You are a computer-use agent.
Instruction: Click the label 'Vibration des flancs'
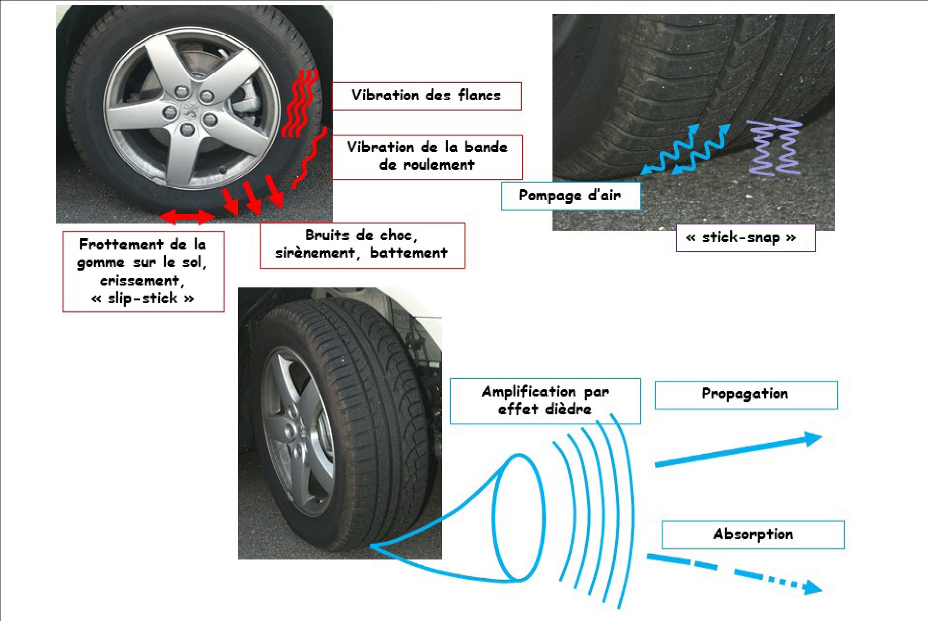coord(426,96)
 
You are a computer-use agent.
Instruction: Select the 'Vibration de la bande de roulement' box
coord(427,156)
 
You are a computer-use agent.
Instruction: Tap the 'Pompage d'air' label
coord(571,196)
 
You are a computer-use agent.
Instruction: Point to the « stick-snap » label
coord(746,237)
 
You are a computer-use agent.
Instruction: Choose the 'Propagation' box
coord(746,395)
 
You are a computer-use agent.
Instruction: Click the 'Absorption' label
coord(753,534)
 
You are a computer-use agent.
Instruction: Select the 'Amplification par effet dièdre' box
coord(545,401)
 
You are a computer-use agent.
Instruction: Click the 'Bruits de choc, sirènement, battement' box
coord(363,245)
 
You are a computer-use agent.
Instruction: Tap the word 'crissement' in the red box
coord(140,280)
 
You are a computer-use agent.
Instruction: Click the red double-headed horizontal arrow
coord(187,216)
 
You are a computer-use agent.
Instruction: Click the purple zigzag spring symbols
coord(775,148)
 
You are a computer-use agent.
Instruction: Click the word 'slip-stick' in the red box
coord(142,298)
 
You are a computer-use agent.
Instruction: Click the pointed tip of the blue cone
coord(371,546)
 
